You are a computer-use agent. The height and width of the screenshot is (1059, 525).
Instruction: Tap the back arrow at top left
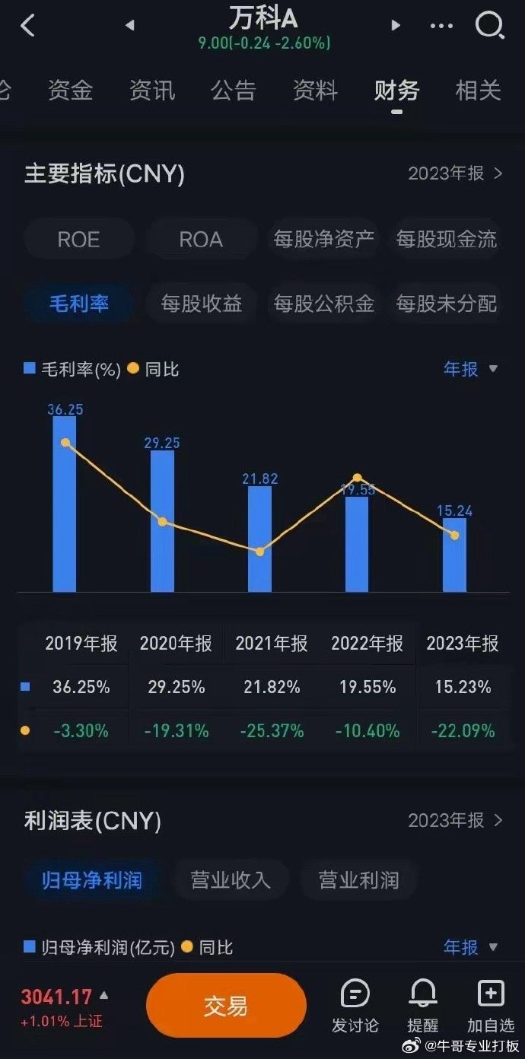28,26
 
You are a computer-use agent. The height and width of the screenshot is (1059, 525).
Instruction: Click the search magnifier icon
489,26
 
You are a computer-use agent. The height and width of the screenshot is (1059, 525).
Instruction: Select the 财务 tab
396,91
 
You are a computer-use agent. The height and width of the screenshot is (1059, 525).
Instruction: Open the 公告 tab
234,91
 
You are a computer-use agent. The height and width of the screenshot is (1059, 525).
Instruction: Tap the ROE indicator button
78,240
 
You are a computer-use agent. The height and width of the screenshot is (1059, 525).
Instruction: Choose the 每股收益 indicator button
202,304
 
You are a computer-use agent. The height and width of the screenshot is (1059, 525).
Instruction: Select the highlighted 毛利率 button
79,304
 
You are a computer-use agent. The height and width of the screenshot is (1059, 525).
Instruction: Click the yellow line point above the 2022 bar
357,479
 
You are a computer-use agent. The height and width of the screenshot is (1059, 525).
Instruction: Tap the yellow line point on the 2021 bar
259,551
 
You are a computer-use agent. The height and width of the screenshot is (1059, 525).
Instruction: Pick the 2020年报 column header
176,644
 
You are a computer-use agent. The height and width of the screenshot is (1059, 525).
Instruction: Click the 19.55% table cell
367,687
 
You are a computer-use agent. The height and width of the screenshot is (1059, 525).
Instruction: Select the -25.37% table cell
272,731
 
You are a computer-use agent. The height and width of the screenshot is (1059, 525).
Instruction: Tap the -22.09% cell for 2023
463,731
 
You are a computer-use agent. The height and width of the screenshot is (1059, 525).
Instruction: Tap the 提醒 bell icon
423,994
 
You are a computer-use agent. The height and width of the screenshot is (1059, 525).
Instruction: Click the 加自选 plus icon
491,994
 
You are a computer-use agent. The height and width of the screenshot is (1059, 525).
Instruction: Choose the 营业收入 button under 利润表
231,880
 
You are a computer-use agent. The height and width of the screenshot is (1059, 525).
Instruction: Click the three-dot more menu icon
441,26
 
